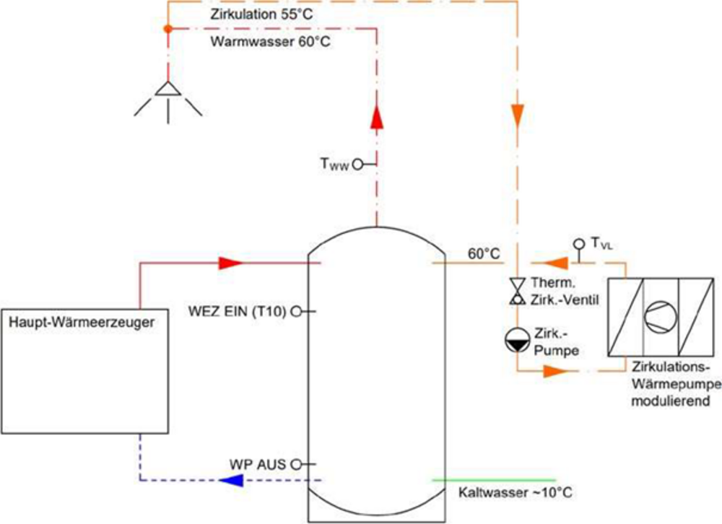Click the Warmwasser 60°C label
[x=271, y=41]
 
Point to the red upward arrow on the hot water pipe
[x=376, y=118]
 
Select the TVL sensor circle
[x=578, y=243]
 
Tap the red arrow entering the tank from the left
[x=229, y=263]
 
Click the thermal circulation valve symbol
[x=517, y=291]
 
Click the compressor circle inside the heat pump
[x=660, y=318]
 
